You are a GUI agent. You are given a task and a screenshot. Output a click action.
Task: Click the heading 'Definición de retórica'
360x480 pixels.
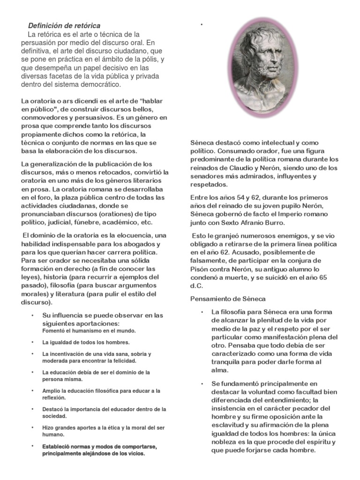(x=64, y=25)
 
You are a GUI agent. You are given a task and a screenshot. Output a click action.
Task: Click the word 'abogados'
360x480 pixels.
(x=139, y=244)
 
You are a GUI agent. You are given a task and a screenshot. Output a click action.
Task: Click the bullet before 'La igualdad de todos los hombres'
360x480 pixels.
(x=33, y=342)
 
